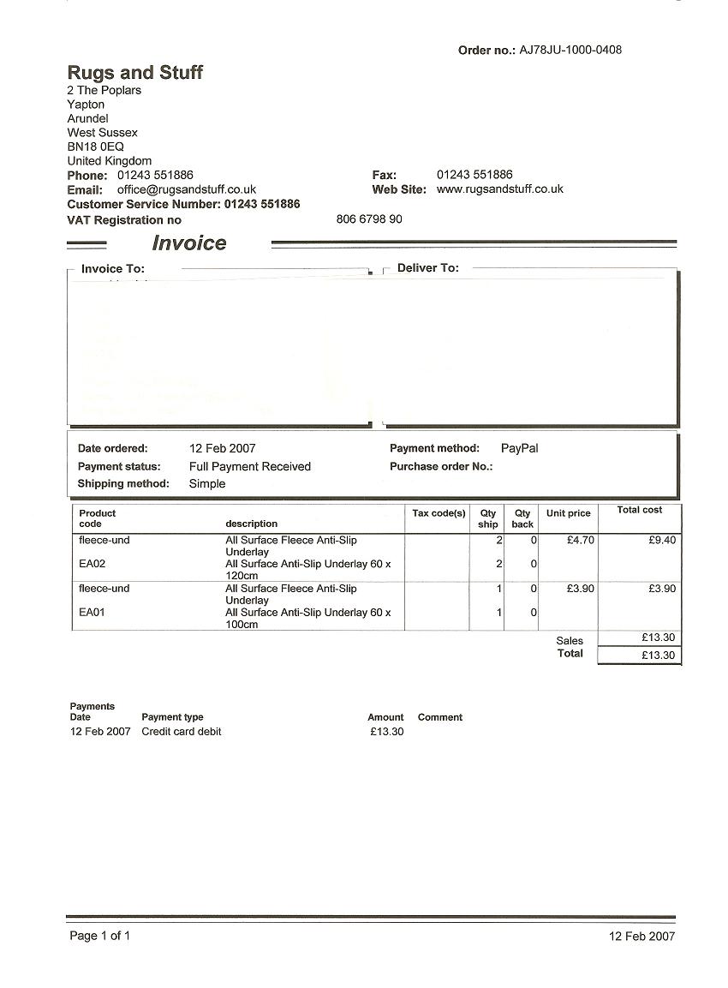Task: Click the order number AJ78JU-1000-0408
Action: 570,50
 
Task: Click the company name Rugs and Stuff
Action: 135,72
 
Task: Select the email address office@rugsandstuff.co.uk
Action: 187,189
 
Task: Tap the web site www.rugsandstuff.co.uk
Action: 500,189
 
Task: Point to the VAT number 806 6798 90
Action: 369,219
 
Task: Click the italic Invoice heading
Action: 189,243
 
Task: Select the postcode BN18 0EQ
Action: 96,147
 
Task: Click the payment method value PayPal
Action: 519,448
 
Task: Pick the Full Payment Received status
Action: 249,466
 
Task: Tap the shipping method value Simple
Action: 207,483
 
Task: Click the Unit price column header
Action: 569,513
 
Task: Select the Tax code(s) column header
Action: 439,513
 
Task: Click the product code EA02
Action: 92,564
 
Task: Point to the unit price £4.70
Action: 581,541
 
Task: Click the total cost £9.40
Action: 662,541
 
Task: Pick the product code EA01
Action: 92,613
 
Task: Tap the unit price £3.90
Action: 581,589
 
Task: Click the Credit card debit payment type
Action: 182,732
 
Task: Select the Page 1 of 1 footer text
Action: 100,936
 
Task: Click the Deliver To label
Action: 428,268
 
